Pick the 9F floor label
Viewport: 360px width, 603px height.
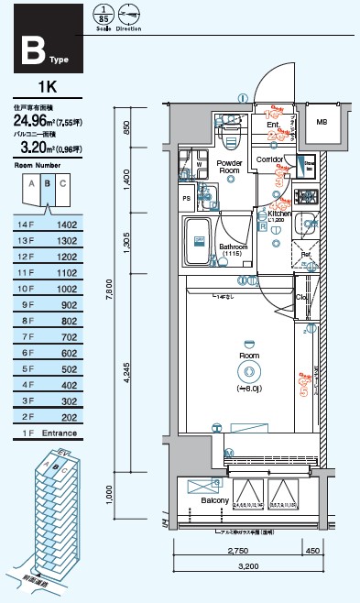point(24,303)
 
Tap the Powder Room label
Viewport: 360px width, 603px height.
point(229,167)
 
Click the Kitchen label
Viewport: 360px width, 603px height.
point(278,214)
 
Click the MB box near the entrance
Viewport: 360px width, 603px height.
point(322,122)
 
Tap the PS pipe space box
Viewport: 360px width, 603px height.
point(187,197)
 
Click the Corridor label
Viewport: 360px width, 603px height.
point(269,159)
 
